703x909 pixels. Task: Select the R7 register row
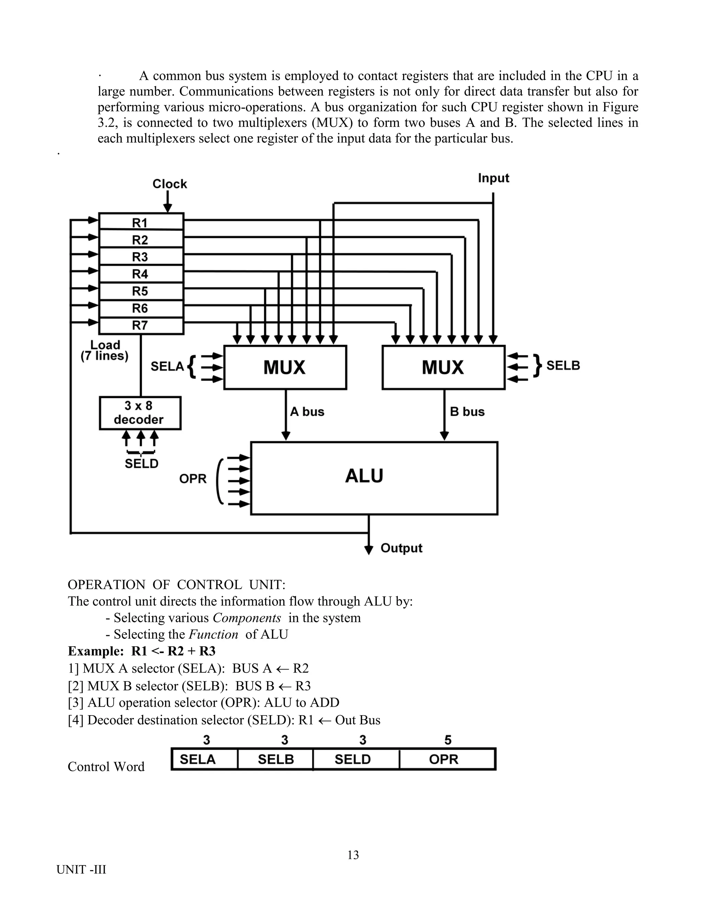[x=141, y=326]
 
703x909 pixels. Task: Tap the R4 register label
[x=140, y=274]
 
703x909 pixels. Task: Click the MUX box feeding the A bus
[x=285, y=367]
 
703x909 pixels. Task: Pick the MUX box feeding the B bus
[x=443, y=367]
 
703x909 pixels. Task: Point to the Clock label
[x=170, y=184]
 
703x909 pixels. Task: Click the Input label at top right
[x=494, y=178]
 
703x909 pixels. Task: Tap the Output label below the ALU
[x=401, y=548]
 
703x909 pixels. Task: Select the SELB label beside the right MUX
[x=563, y=365]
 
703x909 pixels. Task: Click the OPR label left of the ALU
[x=193, y=479]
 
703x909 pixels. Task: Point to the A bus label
[x=307, y=412]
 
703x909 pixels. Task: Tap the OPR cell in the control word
[x=443, y=759]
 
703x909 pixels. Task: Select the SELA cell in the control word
[x=197, y=759]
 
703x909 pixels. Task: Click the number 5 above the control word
[x=448, y=740]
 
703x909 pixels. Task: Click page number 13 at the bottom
[x=353, y=855]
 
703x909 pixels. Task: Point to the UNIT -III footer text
[x=81, y=870]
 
